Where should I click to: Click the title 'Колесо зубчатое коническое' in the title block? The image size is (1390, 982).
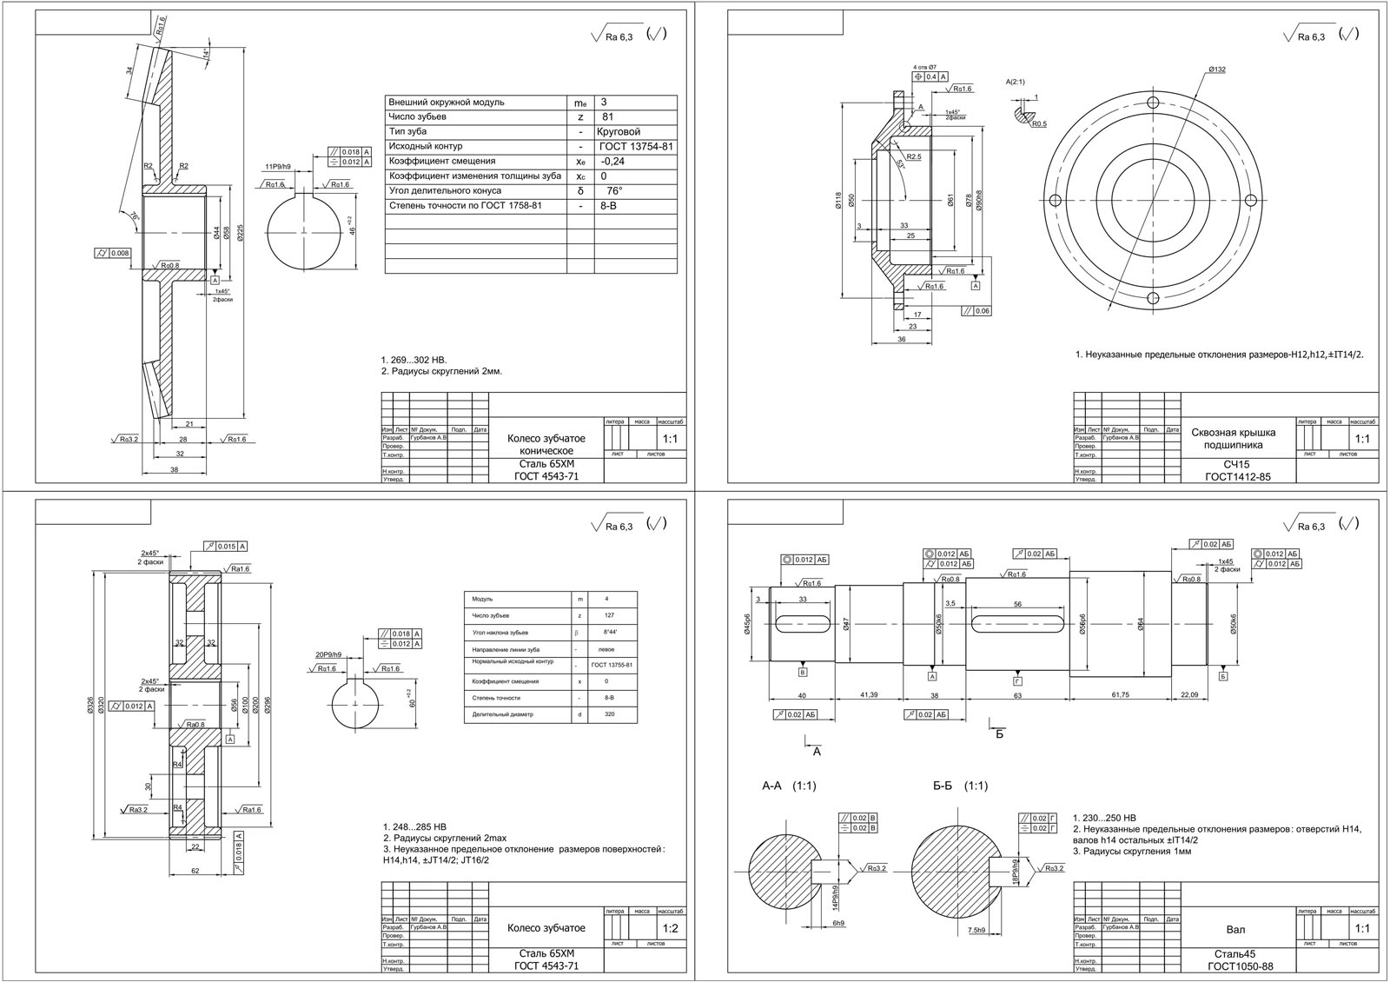click(x=546, y=445)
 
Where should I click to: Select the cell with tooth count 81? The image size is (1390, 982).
click(x=608, y=117)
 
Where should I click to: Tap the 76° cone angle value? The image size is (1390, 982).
click(x=614, y=191)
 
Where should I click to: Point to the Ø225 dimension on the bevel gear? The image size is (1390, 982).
click(x=241, y=233)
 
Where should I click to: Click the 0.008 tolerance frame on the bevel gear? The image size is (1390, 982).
click(x=114, y=254)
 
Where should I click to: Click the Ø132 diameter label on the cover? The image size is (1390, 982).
click(x=1216, y=70)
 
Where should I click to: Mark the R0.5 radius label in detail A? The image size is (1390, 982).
click(x=1039, y=124)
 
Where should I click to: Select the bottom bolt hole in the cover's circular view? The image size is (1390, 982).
click(x=1153, y=298)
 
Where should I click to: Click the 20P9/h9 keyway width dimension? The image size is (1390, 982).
click(x=328, y=654)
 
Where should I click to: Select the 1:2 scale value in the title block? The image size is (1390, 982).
click(x=671, y=928)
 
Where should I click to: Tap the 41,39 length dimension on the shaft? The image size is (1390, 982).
click(x=869, y=695)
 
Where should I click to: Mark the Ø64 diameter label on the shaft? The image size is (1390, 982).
click(x=1141, y=622)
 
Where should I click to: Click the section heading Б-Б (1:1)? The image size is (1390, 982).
click(x=960, y=786)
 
